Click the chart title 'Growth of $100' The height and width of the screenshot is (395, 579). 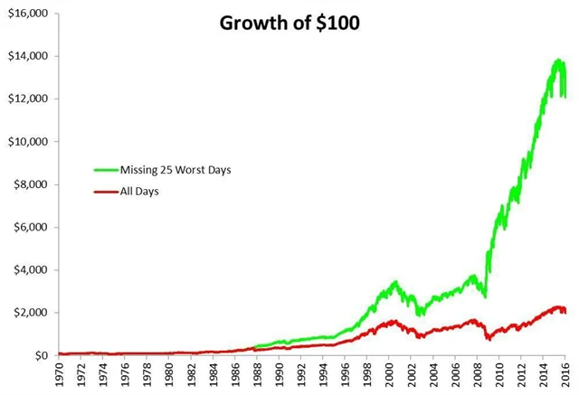click(289, 24)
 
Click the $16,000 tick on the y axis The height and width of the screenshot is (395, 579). click(27, 14)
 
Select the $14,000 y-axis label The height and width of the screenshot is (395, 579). click(27, 56)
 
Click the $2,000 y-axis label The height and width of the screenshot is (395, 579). click(30, 313)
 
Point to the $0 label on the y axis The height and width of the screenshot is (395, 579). click(42, 355)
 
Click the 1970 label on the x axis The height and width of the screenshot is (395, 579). click(60, 374)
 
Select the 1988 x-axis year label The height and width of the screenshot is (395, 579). click(258, 374)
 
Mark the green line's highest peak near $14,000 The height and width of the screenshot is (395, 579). click(559, 61)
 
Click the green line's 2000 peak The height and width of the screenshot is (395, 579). click(394, 283)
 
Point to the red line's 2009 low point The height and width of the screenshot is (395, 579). click(489, 339)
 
